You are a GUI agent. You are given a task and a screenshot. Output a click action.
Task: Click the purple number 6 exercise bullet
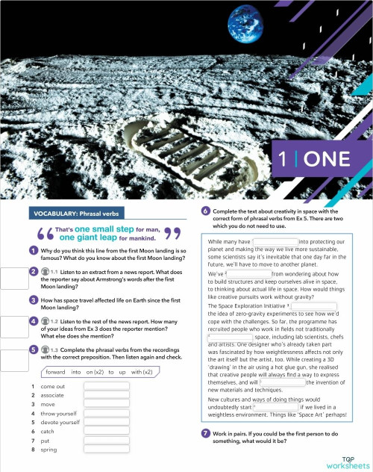206,212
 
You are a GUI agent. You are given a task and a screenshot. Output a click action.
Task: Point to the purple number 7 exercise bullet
206,433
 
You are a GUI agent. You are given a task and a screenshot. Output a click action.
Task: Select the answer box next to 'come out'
107,386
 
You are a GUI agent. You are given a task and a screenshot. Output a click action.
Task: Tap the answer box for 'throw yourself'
107,414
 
